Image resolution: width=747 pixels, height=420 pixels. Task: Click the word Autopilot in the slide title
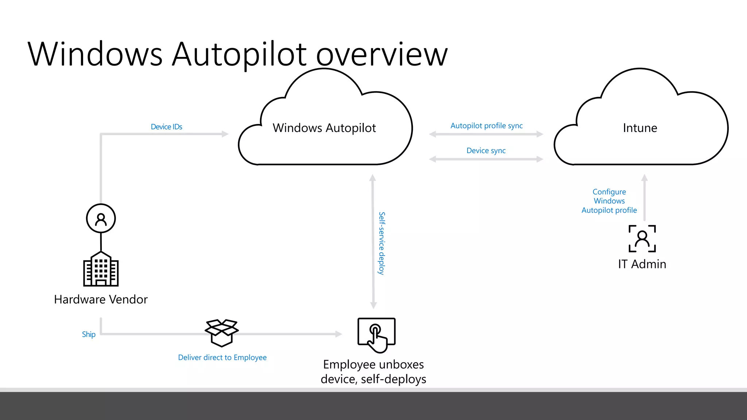coord(239,55)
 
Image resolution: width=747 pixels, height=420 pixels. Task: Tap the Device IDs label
coord(166,127)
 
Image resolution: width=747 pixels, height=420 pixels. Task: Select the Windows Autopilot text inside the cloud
coord(324,128)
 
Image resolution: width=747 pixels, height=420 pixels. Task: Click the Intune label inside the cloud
coord(640,128)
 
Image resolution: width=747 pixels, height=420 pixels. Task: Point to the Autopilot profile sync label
coord(486,126)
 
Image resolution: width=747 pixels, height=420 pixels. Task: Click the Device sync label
coord(486,151)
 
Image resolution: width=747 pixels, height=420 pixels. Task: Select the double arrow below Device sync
coord(486,159)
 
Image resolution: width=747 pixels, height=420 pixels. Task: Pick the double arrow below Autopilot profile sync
coord(486,134)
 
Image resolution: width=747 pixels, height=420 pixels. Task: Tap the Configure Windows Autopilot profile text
coord(609,201)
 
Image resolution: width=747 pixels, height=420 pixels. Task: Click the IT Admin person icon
coord(642,239)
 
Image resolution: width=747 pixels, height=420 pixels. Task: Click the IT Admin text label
coord(642,264)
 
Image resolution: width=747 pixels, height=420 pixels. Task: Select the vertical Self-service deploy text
coord(382,243)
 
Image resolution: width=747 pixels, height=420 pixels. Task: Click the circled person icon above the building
coord(101,218)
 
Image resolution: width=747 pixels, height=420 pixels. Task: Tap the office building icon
coord(101,269)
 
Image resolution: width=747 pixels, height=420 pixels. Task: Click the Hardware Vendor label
coord(101,299)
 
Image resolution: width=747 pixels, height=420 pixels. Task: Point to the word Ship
coord(89,334)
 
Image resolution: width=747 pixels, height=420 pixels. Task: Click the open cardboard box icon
coord(222,332)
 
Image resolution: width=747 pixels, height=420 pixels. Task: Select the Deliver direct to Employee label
coord(222,358)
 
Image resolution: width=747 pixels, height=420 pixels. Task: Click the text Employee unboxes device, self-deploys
coord(373,372)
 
